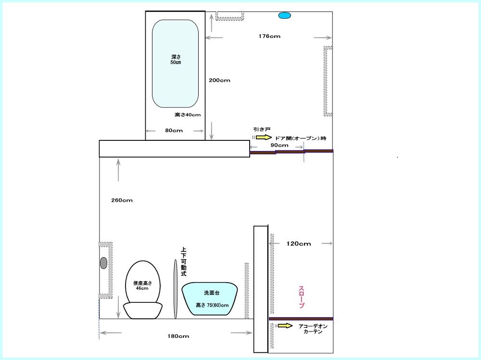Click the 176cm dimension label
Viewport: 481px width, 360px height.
pos(269,36)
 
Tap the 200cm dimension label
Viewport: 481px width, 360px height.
pos(219,80)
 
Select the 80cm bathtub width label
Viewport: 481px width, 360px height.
pos(174,130)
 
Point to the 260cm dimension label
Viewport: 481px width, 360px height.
pos(122,200)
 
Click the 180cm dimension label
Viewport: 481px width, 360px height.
pos(178,336)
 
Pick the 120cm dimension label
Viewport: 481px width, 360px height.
pos(299,244)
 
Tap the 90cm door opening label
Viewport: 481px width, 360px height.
pos(279,145)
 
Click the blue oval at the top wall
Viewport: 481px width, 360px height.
pos(284,15)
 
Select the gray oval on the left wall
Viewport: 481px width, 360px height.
pos(104,263)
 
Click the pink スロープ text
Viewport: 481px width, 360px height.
pos(301,297)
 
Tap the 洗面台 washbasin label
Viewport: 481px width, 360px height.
pos(212,293)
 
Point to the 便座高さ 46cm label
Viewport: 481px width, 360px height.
pos(142,286)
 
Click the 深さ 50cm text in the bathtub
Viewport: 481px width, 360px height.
pos(176,60)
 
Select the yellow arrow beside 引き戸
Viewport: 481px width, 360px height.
pos(264,137)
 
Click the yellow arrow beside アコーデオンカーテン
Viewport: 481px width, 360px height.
pos(285,326)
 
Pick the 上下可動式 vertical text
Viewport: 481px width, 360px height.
pos(183,262)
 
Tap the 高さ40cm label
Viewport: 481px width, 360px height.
pos(188,115)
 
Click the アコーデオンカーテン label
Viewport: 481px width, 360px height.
pos(313,329)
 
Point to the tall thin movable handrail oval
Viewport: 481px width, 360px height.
pos(176,289)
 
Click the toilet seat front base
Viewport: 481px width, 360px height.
pos(143,310)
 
